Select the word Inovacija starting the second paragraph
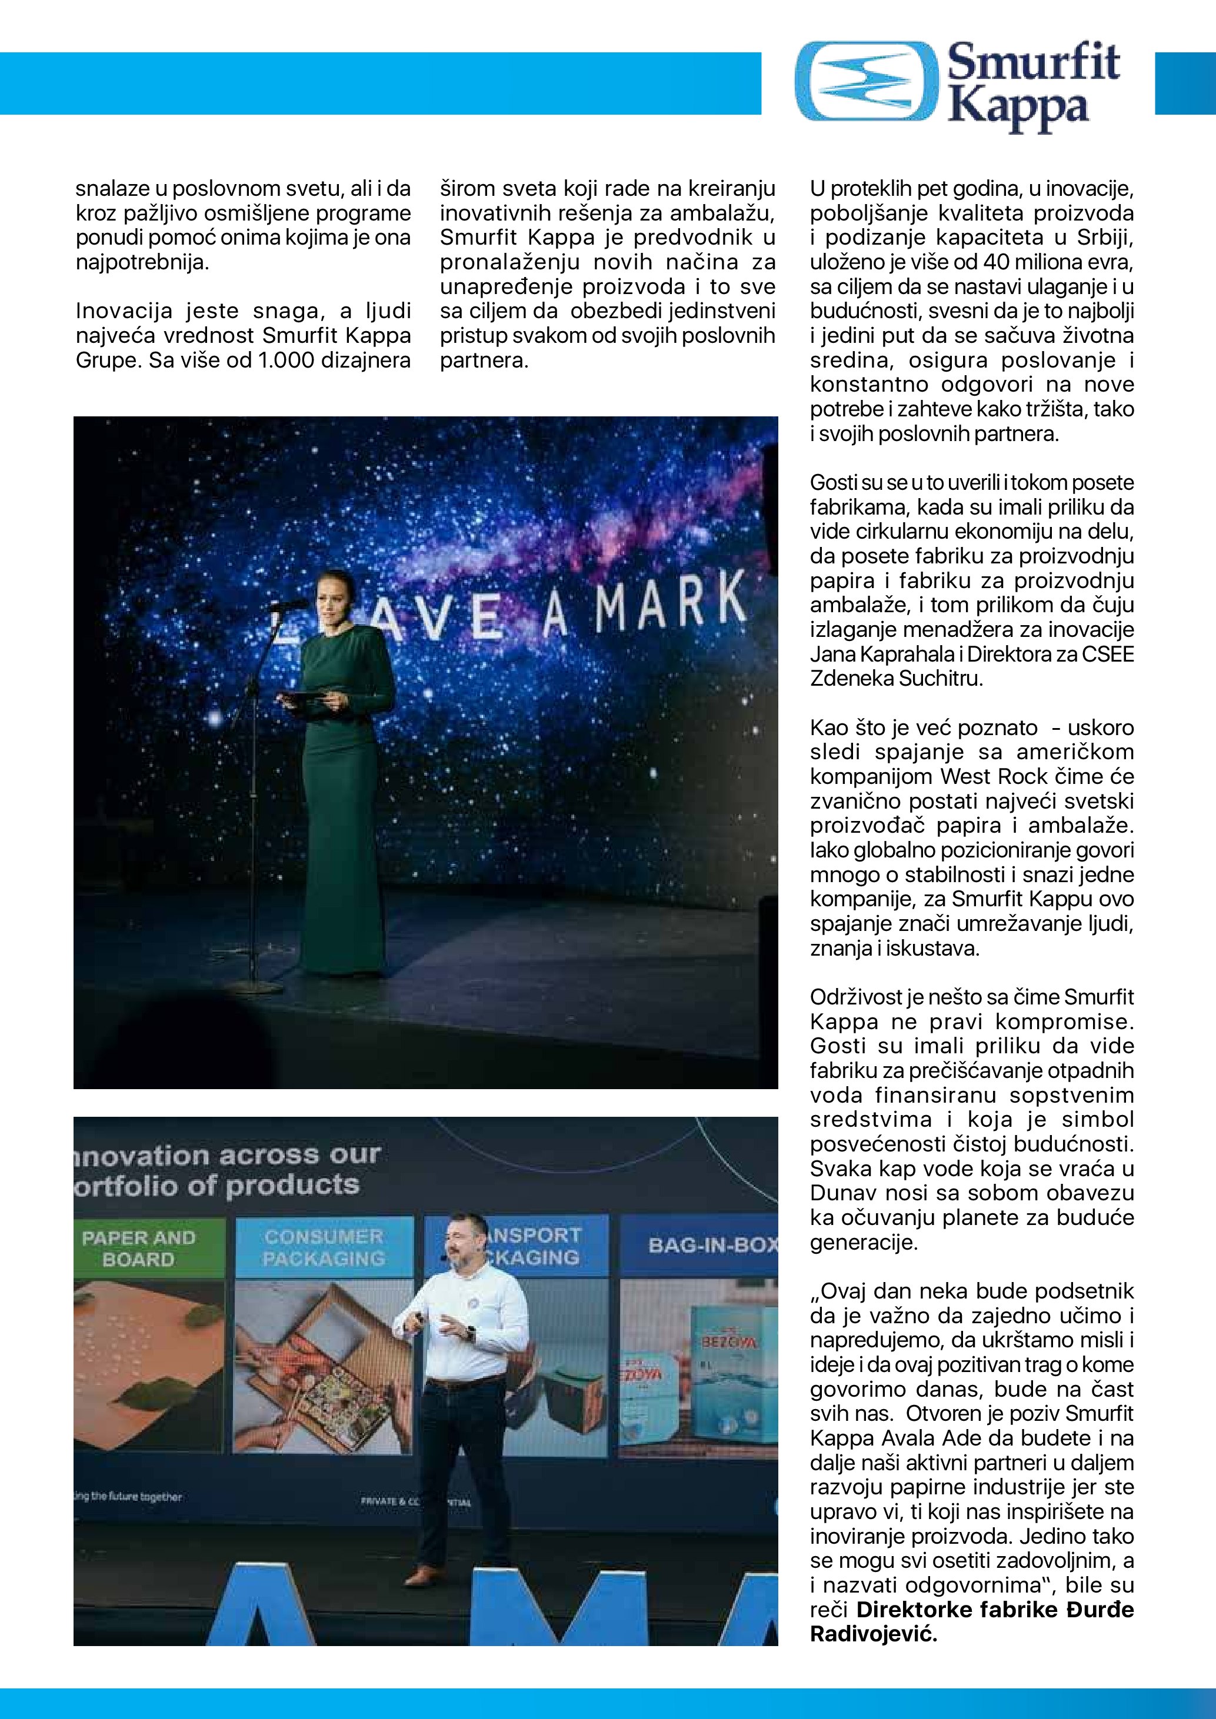124,311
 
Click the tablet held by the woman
303,697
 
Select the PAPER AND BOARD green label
138,1248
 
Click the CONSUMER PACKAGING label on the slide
324,1248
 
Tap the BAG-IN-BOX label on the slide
711,1246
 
